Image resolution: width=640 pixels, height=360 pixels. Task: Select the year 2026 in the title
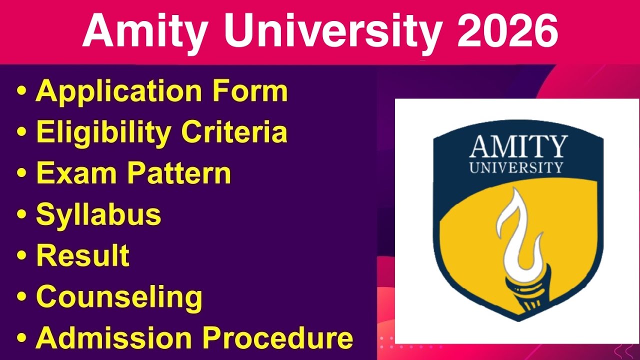(x=506, y=31)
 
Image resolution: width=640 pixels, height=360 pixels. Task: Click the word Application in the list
(x=119, y=91)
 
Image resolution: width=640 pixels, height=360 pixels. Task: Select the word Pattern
(x=178, y=173)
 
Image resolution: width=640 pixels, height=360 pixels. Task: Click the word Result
(x=83, y=255)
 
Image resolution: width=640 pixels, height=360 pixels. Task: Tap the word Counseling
(x=119, y=297)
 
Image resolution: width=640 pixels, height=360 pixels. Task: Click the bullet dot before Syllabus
(x=21, y=214)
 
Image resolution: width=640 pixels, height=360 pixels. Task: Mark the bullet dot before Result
(x=21, y=255)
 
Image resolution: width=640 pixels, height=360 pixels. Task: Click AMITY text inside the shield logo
(x=518, y=147)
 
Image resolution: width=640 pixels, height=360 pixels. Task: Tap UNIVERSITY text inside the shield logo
(x=516, y=167)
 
